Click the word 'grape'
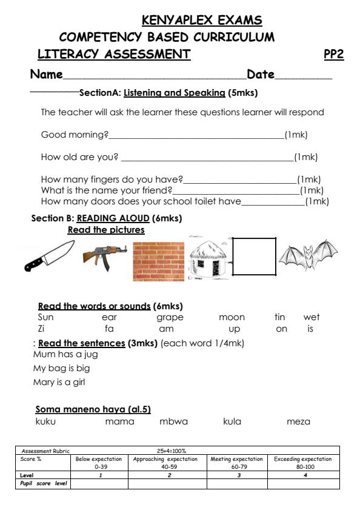[170, 317]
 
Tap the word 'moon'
[232, 317]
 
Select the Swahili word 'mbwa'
[173, 421]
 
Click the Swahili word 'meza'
[298, 421]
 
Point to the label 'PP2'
[334, 55]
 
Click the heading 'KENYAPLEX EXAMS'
[202, 21]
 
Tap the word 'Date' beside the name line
[261, 75]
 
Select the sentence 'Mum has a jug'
[65, 354]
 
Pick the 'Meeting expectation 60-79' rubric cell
[236, 463]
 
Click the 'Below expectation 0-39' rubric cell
[100, 463]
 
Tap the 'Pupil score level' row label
[42, 484]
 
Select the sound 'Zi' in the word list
[41, 329]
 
